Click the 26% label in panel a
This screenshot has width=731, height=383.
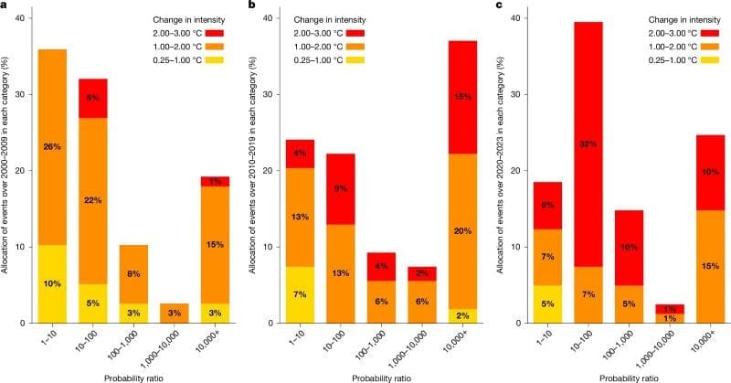point(51,145)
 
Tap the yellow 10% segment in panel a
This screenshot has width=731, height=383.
point(51,283)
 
